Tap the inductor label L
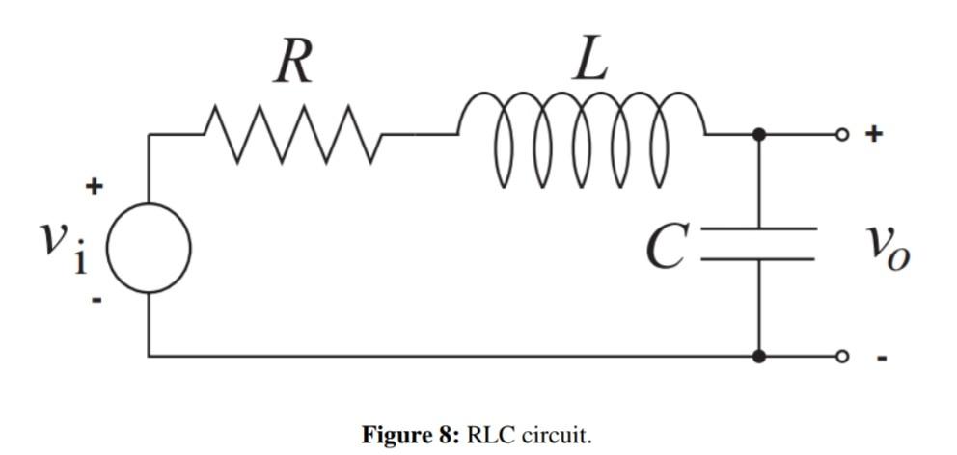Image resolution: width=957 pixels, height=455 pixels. tap(590, 60)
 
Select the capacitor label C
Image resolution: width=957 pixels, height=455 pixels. tap(666, 247)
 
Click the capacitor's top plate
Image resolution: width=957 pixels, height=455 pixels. tap(759, 229)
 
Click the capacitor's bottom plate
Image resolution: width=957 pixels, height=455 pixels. tap(759, 259)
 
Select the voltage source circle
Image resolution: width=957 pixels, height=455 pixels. tap(149, 248)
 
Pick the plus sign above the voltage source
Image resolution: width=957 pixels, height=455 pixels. tap(95, 186)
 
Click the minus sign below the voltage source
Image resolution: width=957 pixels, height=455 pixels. tap(96, 300)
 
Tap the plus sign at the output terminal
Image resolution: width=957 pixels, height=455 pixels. tap(873, 134)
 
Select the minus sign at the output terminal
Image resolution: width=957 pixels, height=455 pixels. tap(881, 358)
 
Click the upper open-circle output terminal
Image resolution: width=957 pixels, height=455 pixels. tap(842, 135)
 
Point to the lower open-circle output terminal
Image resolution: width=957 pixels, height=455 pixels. tap(842, 357)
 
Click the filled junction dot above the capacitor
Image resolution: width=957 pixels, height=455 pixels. tap(759, 135)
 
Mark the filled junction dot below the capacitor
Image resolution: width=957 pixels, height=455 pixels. tap(759, 357)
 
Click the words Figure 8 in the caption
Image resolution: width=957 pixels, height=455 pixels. tap(410, 435)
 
